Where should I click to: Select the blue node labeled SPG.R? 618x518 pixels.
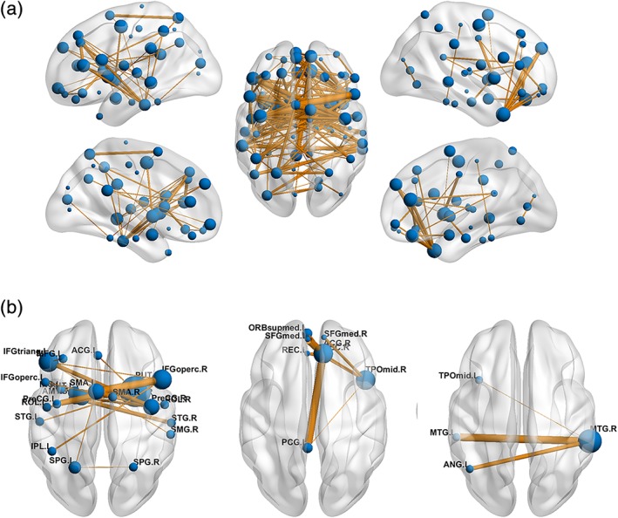(x=132, y=467)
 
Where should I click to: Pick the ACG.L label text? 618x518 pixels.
(x=82, y=350)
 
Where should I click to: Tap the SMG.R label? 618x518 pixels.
(x=183, y=429)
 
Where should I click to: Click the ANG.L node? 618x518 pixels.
(x=469, y=469)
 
